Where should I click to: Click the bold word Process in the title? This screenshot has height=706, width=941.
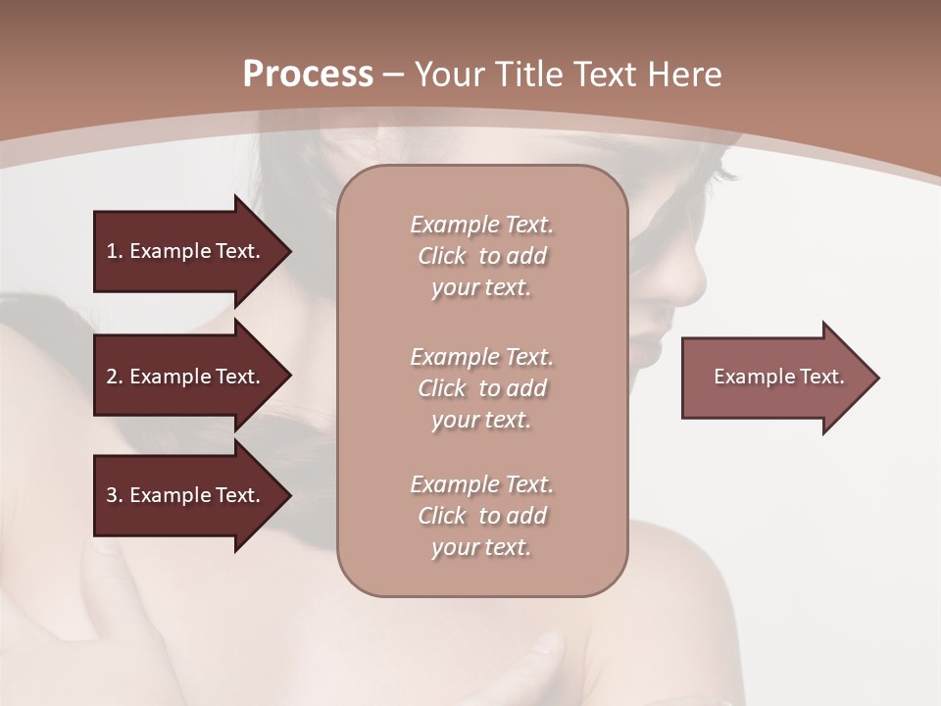(308, 74)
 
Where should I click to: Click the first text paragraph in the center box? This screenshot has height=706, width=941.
(481, 256)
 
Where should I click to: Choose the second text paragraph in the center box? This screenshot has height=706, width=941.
(481, 388)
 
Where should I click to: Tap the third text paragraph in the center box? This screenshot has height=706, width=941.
(481, 516)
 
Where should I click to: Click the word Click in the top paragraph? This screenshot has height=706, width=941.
(442, 256)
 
